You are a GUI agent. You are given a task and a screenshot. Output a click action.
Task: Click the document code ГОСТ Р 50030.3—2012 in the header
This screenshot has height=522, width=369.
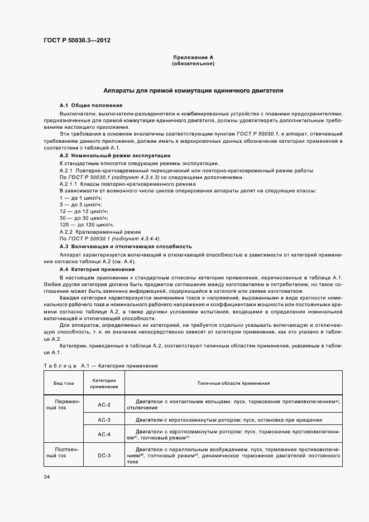coord(73,40)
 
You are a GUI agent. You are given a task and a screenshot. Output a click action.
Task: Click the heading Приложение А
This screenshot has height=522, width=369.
coord(193,57)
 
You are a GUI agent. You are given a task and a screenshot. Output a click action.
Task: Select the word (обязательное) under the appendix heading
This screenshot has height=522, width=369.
coord(193,64)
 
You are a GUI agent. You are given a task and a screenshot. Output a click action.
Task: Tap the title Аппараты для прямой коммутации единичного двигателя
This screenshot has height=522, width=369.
coord(193,89)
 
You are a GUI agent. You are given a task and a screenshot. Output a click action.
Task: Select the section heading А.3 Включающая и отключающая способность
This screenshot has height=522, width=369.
coord(126,246)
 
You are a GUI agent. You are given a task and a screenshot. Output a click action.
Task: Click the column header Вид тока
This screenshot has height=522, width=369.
coord(63,384)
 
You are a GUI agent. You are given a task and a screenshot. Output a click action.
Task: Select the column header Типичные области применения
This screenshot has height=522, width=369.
coord(233,384)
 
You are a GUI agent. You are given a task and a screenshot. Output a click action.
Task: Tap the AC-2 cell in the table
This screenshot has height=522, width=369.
coord(104,404)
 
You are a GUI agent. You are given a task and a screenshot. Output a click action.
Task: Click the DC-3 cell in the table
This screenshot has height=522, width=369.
coord(104,456)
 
